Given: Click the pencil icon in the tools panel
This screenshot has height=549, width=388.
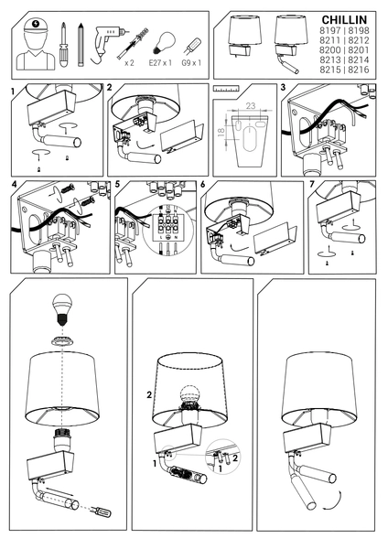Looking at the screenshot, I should click(x=81, y=41).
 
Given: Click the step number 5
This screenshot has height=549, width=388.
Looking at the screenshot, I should click(x=119, y=185).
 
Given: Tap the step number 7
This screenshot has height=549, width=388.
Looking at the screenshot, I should click(x=311, y=185).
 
